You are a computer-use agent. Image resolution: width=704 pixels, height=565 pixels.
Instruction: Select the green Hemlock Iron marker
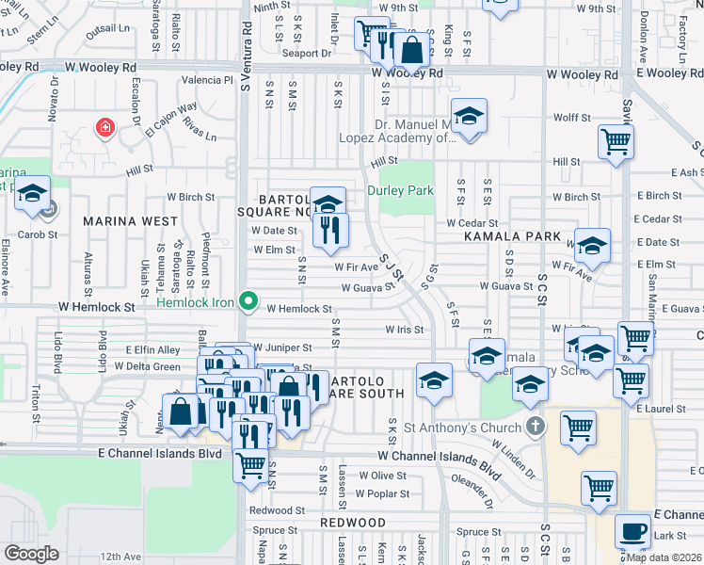point(248,301)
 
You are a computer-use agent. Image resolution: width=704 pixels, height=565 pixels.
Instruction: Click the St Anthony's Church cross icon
point(535,427)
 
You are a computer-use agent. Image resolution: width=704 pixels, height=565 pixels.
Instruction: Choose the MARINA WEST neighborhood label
point(129,220)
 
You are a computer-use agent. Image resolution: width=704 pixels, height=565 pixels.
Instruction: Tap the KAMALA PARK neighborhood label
point(512,236)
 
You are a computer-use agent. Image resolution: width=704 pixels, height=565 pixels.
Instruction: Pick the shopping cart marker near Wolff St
point(616,142)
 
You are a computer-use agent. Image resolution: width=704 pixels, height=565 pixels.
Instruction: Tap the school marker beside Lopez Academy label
point(468,117)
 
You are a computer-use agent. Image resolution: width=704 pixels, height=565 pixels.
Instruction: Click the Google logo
point(31,554)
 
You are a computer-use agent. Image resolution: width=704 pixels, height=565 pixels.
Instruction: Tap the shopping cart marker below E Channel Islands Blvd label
point(250,464)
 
